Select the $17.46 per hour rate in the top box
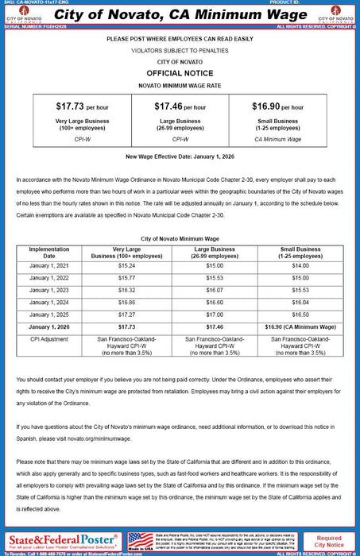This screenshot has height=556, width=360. [180, 106]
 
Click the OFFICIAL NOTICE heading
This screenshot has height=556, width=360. [180, 71]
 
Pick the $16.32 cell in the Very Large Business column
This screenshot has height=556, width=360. [126, 291]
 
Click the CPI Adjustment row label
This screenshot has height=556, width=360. [49, 339]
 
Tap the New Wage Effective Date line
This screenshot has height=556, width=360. [180, 156]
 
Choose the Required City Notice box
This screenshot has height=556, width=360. [328, 542]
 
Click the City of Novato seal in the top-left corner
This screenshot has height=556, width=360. [25, 13]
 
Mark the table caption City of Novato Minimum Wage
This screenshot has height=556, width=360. [180, 237]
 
